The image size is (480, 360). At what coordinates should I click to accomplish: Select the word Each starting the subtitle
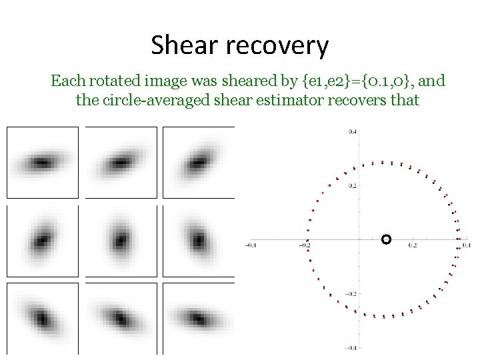[67, 82]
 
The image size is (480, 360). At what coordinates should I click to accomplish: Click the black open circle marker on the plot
[385, 239]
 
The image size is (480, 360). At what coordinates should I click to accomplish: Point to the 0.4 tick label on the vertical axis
[351, 132]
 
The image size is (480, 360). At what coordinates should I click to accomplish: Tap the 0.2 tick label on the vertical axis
[351, 186]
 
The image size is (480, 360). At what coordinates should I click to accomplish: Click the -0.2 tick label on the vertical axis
[350, 293]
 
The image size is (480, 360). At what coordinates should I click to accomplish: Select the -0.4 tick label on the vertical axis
[350, 347]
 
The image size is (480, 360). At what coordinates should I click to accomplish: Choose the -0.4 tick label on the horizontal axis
[250, 246]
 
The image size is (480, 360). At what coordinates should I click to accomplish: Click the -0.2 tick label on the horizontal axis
[304, 246]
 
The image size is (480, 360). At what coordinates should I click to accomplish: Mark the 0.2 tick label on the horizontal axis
[413, 246]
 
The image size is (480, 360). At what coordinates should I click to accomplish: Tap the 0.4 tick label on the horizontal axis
[466, 246]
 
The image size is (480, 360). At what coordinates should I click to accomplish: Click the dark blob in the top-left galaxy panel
[41, 162]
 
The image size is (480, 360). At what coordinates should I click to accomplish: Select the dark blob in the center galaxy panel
[121, 239]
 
